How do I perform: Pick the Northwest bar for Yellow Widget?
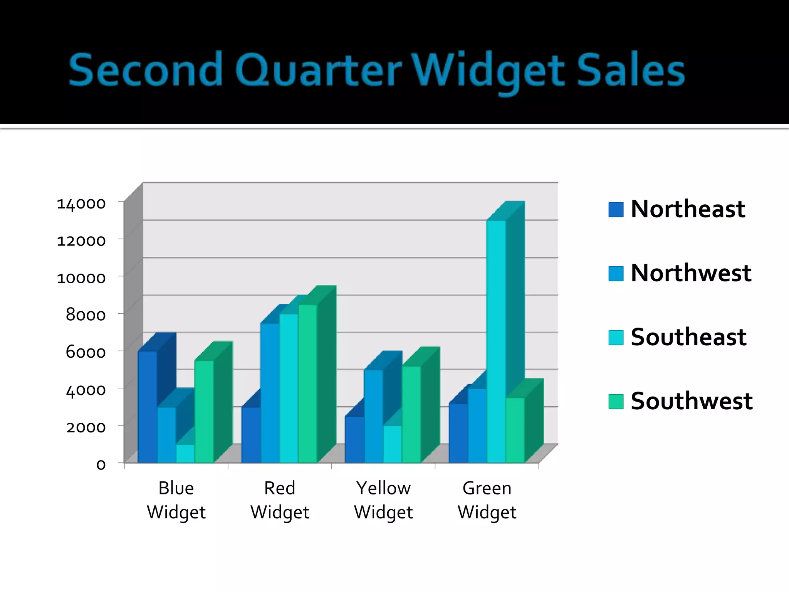click(374, 416)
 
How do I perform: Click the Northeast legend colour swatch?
click(616, 210)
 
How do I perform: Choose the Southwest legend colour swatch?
click(616, 401)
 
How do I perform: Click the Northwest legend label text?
click(691, 273)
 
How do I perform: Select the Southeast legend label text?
click(688, 337)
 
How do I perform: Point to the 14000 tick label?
click(81, 203)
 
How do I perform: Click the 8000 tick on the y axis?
click(86, 315)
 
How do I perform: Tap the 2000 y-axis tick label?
click(86, 427)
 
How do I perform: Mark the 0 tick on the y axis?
click(101, 464)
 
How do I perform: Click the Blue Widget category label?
click(176, 500)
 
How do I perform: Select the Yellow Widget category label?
click(383, 500)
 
